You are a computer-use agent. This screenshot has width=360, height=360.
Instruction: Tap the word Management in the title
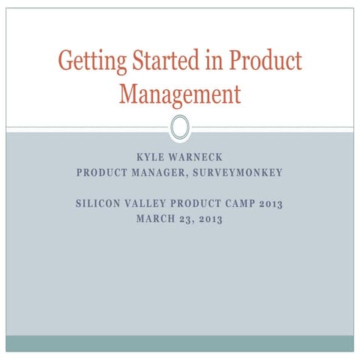coord(180,95)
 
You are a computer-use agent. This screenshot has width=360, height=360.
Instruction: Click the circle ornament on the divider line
coord(180,127)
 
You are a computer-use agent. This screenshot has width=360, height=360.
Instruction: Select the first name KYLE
coord(148,159)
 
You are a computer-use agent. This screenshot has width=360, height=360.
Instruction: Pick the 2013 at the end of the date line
coord(212,218)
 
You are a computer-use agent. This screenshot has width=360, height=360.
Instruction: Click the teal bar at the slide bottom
coord(180,343)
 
